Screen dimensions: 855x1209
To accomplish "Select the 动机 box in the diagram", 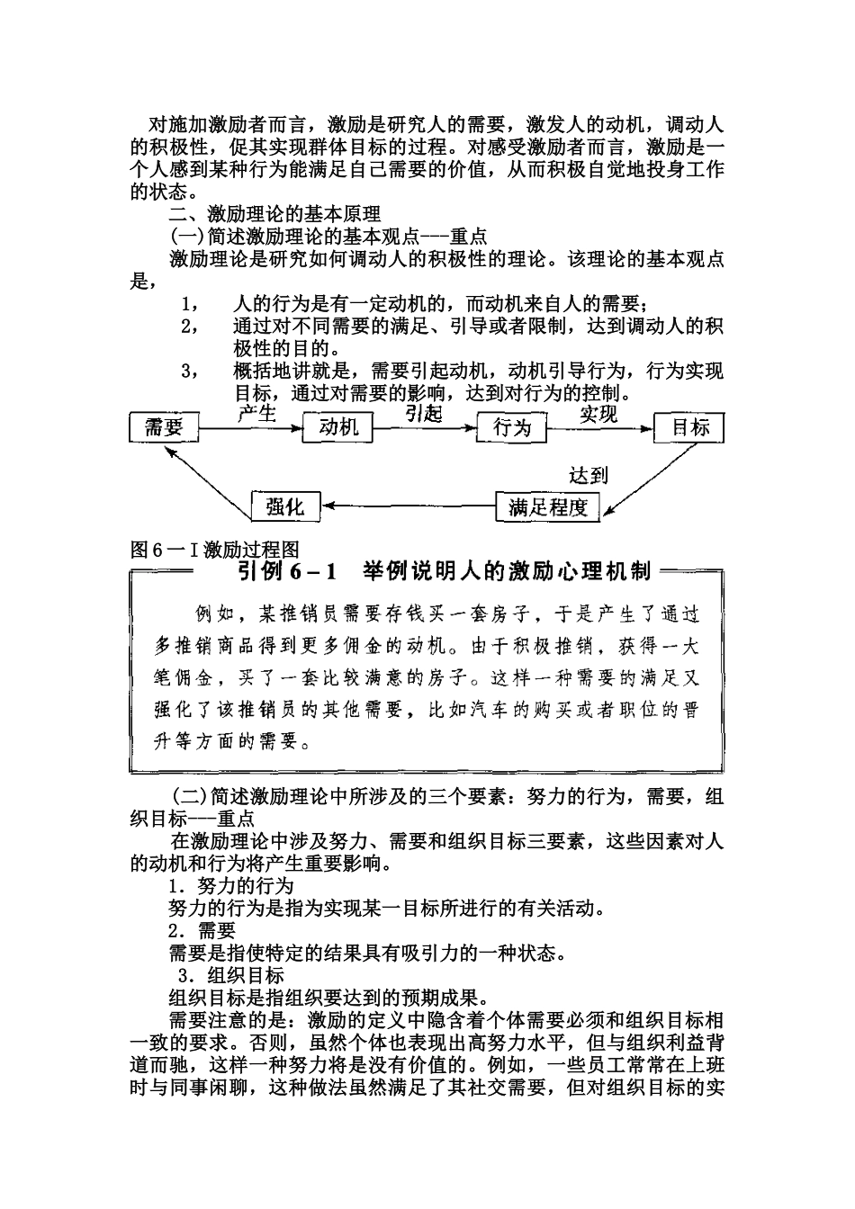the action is (x=338, y=427).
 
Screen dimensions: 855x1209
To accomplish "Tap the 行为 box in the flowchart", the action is (x=511, y=427).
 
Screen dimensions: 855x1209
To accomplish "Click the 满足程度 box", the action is (x=547, y=507).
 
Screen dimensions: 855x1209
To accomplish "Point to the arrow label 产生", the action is (x=256, y=413).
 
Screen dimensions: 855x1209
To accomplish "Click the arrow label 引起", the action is (x=423, y=413).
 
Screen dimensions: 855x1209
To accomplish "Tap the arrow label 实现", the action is (x=598, y=414).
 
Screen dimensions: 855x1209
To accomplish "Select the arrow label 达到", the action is (x=589, y=475).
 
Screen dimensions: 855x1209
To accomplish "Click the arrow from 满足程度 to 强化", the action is (x=409, y=507).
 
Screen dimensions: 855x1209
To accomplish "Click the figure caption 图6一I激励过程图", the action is (x=214, y=549).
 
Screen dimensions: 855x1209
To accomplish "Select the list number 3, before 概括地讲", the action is (x=189, y=371).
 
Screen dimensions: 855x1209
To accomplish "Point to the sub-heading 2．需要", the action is (x=202, y=931).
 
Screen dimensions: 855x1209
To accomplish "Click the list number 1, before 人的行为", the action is (x=189, y=303).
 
